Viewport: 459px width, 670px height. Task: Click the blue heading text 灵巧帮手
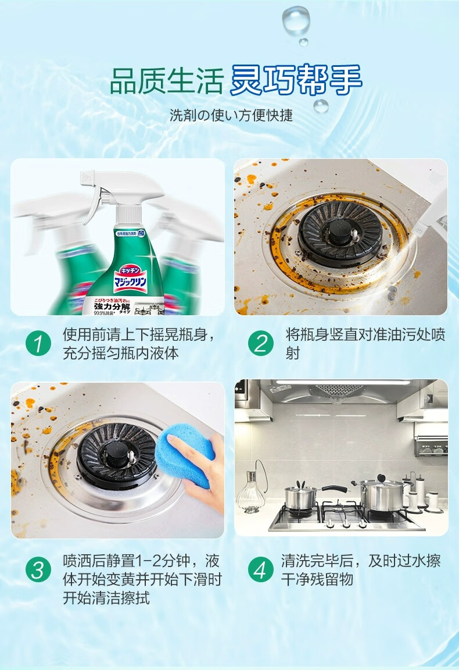(x=296, y=80)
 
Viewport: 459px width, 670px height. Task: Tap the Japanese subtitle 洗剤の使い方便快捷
(x=231, y=115)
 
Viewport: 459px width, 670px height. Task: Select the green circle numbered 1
(x=38, y=344)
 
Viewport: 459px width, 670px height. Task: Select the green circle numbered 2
(x=260, y=344)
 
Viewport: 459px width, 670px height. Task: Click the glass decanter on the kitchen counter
(x=250, y=494)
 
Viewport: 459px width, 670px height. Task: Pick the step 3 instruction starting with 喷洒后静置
(x=142, y=579)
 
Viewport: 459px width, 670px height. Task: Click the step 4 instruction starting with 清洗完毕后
(x=361, y=569)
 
